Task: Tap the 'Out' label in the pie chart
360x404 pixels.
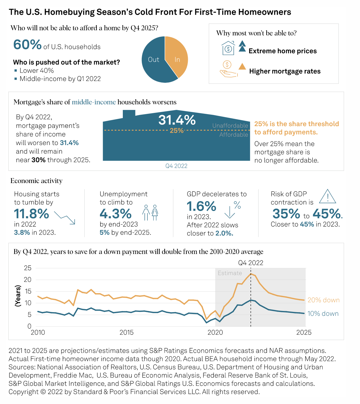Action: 154,60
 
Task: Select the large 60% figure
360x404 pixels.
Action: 27,45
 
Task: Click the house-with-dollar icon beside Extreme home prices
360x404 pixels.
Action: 228,48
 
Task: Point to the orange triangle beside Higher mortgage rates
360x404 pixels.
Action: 242,67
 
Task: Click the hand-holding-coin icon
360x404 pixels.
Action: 228,69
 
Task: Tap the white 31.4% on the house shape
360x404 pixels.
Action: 177,120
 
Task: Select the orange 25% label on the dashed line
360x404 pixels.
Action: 177,130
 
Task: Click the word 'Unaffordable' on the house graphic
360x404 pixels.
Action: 230,126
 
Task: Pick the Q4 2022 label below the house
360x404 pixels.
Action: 176,166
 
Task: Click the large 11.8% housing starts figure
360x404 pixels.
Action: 32,214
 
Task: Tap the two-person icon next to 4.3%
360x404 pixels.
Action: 150,213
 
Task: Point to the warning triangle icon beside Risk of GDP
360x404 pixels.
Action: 327,197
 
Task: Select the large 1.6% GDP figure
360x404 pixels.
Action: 201,207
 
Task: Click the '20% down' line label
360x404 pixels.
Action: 323,300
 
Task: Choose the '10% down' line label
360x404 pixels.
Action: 323,314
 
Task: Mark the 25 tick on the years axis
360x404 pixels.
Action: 28,268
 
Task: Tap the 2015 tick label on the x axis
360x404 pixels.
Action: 126,332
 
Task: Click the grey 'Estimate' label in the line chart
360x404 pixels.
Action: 230,273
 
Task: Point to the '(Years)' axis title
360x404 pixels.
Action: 18,296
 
